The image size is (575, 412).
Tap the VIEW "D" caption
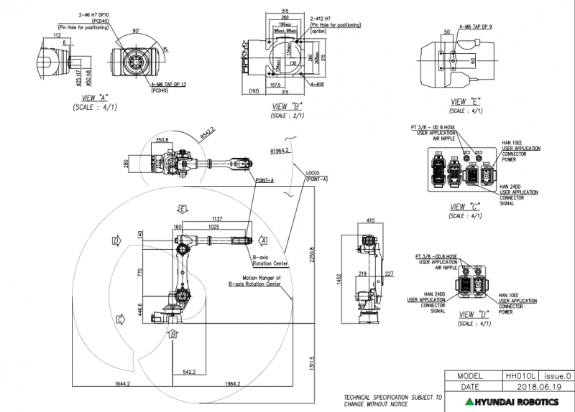474,314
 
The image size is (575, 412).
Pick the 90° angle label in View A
136,31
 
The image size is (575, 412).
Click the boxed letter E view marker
183,209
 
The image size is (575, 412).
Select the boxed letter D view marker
115,241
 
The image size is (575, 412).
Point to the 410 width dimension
370,220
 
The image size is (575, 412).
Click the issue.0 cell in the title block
558,375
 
